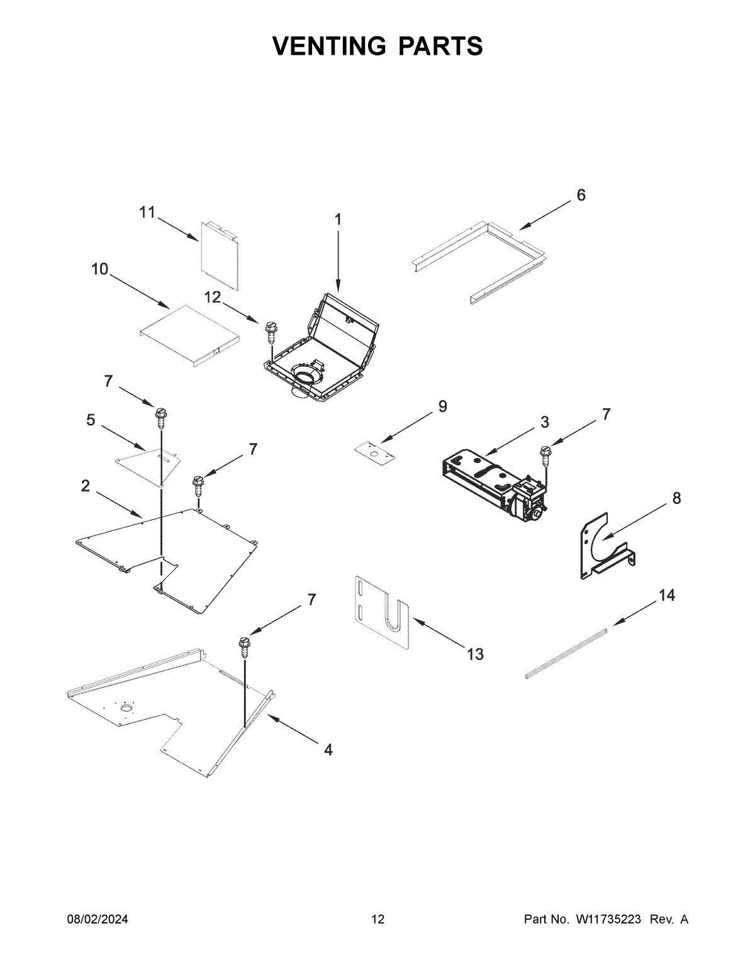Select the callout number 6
pos(580,195)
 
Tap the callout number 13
pos(475,654)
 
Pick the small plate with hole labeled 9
pos(374,451)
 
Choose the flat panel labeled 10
pos(188,333)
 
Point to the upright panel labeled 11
pos(220,255)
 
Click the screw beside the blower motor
pos(545,455)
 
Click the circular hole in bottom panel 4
pos(127,710)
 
